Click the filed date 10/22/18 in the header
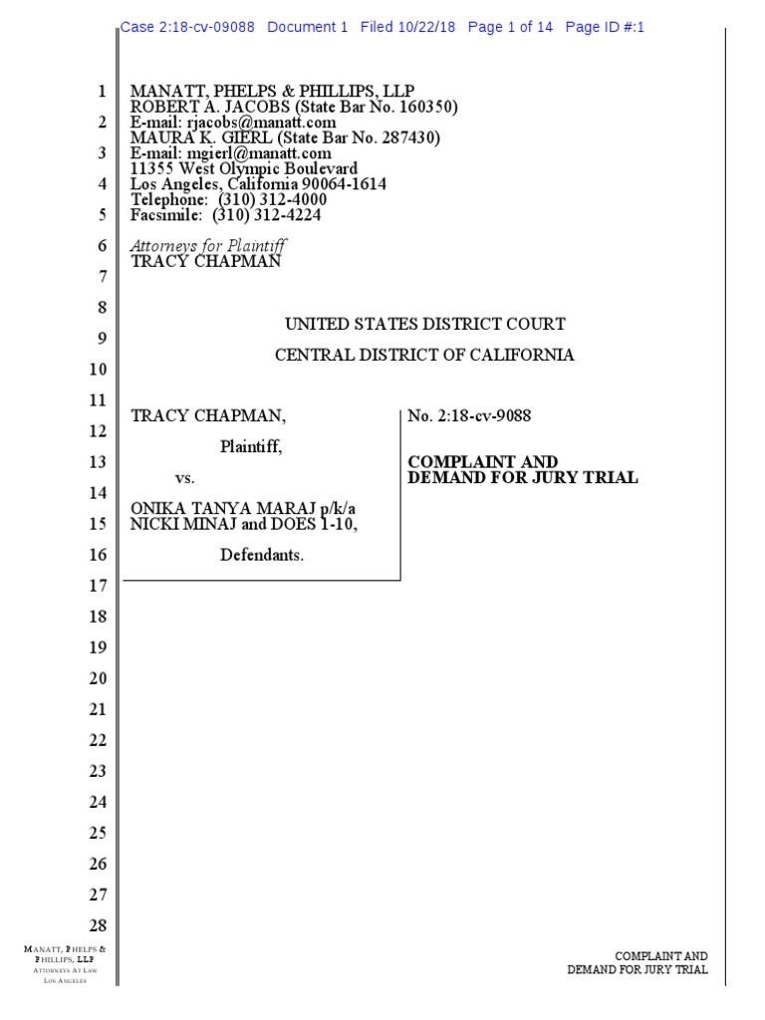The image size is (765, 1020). [x=423, y=28]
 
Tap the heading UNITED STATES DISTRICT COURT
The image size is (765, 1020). [x=425, y=324]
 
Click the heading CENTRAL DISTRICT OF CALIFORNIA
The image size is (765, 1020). [x=425, y=355]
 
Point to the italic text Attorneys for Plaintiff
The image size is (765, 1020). [x=209, y=246]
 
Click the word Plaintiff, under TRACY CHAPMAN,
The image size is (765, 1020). [x=251, y=447]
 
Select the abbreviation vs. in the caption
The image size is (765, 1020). [x=185, y=478]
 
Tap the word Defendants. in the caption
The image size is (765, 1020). [x=262, y=555]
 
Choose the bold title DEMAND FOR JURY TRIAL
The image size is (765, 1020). [x=523, y=477]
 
